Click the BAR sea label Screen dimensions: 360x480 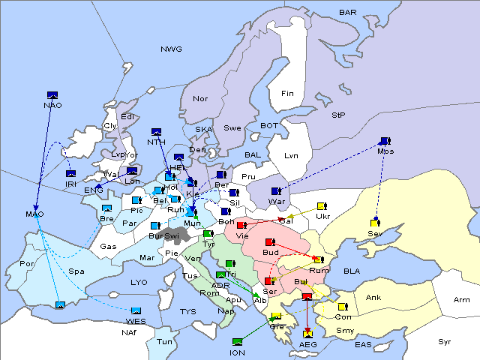click(347, 13)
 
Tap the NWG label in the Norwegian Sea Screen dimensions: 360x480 click(171, 49)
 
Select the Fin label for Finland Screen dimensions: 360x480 click(286, 94)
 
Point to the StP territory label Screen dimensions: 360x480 click(338, 115)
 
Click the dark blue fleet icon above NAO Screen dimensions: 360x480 click(52, 95)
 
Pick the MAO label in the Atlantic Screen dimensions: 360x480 click(35, 214)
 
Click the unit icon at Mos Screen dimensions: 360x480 click(385, 141)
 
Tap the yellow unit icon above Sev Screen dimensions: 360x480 click(375, 222)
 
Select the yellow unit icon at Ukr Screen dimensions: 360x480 click(322, 206)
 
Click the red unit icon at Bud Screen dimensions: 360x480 click(270, 241)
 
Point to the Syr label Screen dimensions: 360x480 click(445, 341)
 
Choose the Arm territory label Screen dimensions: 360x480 click(462, 300)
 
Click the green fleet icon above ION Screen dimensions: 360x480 click(238, 342)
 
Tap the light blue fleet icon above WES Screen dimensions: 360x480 click(136, 311)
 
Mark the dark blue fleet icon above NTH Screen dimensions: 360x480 click(156, 132)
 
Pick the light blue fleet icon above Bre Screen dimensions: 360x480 click(106, 208)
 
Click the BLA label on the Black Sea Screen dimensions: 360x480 click(352, 271)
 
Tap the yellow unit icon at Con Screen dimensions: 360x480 click(342, 307)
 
